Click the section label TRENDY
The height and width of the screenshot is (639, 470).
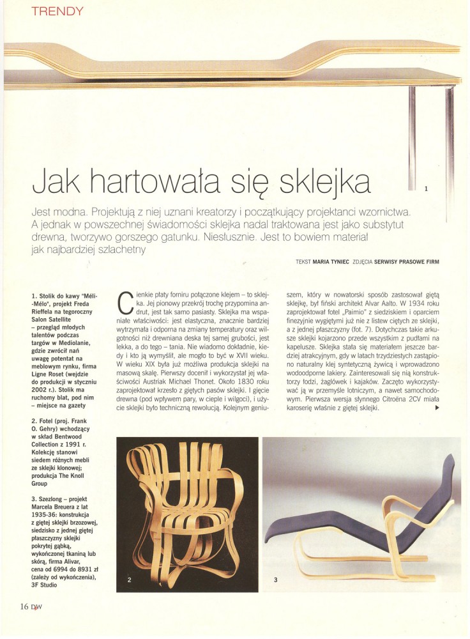pos(57,11)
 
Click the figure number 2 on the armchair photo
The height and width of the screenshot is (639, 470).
pos(130,580)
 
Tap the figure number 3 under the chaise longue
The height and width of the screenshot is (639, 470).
pos(275,580)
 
